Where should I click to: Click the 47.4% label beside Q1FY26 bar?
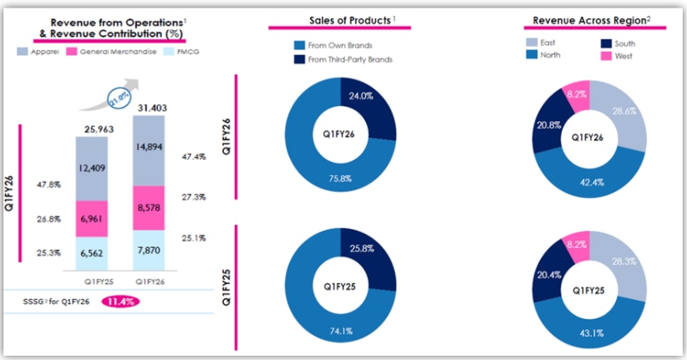click(196, 155)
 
